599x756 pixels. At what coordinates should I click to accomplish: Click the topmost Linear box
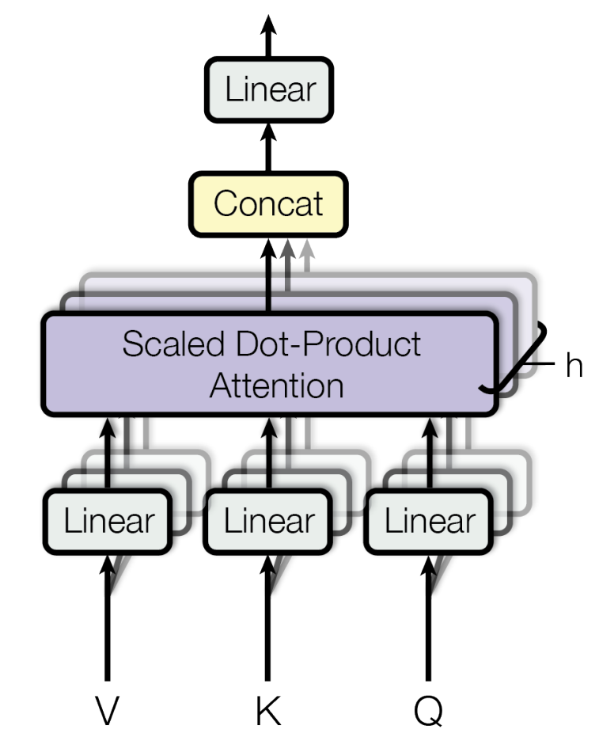tap(269, 89)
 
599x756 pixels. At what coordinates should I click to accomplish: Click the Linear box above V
tap(108, 522)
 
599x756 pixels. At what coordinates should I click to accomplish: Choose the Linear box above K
tap(269, 522)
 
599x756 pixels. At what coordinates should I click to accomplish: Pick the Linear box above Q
tap(429, 522)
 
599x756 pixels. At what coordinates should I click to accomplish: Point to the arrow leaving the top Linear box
tap(269, 32)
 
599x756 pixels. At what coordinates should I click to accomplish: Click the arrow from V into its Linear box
tap(108, 617)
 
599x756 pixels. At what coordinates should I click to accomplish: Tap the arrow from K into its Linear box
tap(269, 617)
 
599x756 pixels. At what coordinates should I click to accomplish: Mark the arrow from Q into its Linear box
tap(429, 617)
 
